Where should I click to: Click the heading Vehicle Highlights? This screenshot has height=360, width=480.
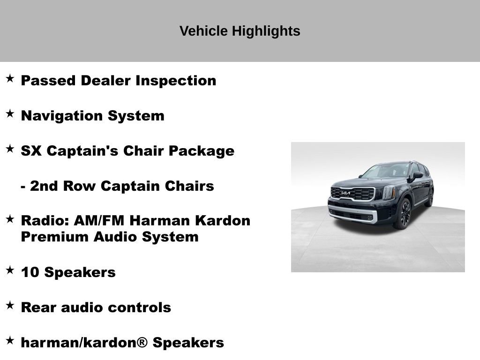240,31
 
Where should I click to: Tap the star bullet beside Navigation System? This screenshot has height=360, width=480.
10,114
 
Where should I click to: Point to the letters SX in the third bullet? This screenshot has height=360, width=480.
31,151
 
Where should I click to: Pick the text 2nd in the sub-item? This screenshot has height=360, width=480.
41,186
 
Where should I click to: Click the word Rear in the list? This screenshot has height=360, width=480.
39,307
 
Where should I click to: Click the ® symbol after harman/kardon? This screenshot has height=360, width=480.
142,343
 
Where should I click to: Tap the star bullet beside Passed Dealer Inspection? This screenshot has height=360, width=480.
10,78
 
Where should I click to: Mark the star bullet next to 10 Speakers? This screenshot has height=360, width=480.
10,270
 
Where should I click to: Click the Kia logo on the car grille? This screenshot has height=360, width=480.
345,193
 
